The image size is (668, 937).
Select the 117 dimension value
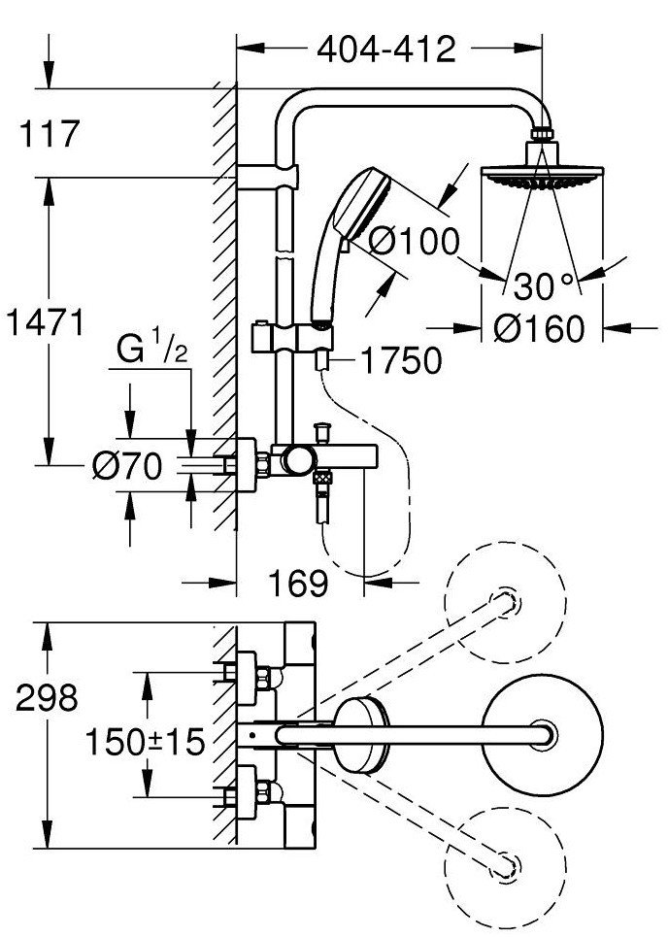(x=50, y=133)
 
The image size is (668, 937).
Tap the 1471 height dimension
(x=46, y=322)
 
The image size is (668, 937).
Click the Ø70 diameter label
(x=127, y=465)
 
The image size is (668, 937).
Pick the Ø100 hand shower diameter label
(x=414, y=242)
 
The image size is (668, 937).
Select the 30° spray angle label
(x=543, y=286)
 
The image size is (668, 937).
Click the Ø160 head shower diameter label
(x=538, y=328)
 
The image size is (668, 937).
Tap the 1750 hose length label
(x=402, y=360)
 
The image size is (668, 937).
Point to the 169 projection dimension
(x=298, y=583)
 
